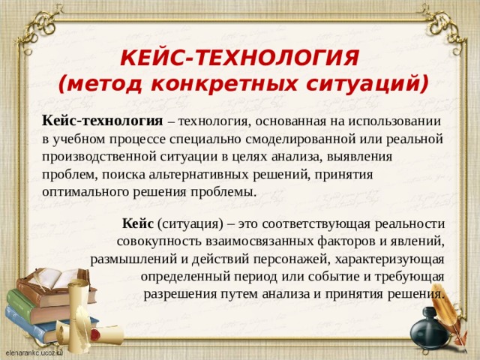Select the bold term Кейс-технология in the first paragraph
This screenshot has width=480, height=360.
[x=102, y=121]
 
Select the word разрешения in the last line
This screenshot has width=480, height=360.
[x=177, y=292]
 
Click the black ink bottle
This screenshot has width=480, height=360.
[x=430, y=331]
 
